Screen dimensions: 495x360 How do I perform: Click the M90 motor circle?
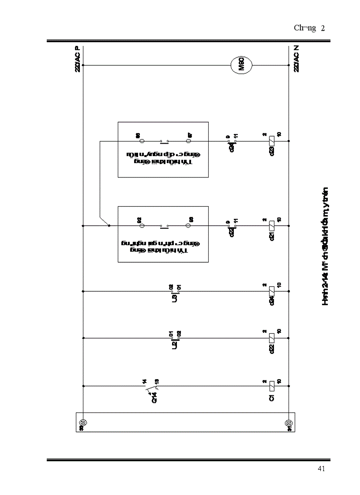pos(241,66)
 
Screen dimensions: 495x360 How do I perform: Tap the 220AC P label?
pos(78,59)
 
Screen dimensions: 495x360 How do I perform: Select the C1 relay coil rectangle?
pos(272,386)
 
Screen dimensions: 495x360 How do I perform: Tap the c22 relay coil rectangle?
pos(272,338)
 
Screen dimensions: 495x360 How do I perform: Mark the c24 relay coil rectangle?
pos(272,291)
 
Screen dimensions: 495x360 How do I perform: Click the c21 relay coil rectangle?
pos(272,226)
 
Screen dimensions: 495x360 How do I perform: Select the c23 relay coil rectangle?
pos(272,141)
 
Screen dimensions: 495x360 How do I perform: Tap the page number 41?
pos(321,469)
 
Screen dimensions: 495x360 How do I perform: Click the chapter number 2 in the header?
pos(323,28)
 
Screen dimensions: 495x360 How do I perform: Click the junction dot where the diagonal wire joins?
pos(109,226)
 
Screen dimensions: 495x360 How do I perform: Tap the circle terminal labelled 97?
pos(188,141)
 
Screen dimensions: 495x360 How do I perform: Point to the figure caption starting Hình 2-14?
pos(326,247)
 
